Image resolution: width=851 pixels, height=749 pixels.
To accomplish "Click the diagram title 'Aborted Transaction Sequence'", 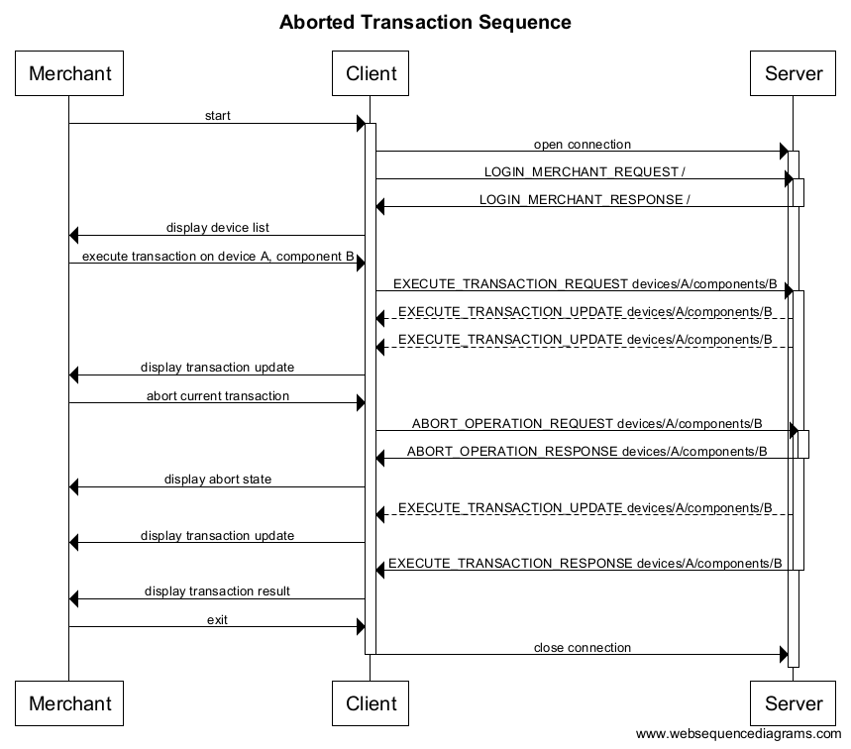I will click(425, 22).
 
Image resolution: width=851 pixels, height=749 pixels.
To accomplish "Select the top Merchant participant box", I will click(69, 73).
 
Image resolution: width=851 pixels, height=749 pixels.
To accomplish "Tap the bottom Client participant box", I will click(371, 703).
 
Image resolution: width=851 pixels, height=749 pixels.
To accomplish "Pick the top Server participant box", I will click(794, 73).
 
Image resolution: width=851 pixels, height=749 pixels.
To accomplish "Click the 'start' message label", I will click(217, 116).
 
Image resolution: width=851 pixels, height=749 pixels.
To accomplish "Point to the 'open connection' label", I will click(582, 145).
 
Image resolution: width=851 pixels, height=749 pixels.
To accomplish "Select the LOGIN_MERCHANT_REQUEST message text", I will click(585, 172).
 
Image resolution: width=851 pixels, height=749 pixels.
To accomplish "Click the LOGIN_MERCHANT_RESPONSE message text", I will click(585, 200).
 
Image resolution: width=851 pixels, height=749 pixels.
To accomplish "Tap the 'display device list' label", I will click(217, 228).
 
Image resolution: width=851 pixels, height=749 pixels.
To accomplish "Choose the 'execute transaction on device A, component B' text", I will click(217, 257).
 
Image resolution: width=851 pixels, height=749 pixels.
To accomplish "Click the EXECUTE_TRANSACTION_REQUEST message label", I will click(585, 284).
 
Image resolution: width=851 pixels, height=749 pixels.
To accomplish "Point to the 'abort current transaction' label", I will click(217, 396).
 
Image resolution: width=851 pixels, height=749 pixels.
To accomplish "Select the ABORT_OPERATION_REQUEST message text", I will click(586, 424).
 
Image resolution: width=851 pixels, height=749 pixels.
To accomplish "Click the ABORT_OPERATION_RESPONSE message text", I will click(586, 452).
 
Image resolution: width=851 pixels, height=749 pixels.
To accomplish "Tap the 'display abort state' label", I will click(217, 480).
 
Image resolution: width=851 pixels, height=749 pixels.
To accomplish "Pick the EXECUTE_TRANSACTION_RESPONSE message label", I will click(585, 564).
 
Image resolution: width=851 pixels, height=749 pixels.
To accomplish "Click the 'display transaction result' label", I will click(217, 591).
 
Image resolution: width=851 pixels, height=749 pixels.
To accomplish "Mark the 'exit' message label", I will click(217, 620).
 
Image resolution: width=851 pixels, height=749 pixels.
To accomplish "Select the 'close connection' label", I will click(582, 648).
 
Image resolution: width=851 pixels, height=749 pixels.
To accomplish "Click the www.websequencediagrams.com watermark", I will click(738, 734).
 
